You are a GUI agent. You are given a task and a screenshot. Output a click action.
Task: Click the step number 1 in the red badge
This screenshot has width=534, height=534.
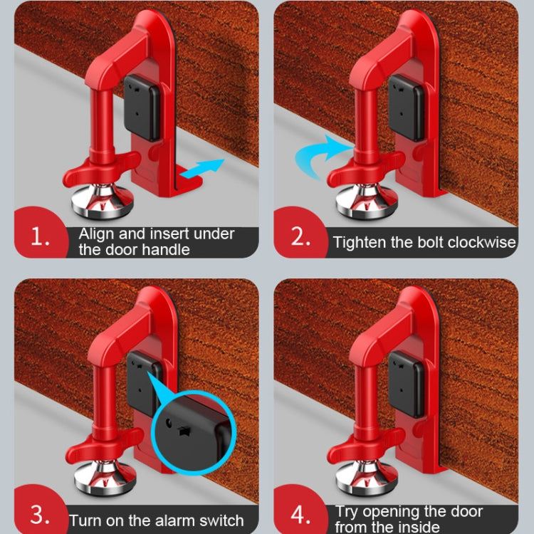coord(41,238)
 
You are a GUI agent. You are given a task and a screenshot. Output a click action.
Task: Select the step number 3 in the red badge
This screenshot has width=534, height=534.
coord(41,514)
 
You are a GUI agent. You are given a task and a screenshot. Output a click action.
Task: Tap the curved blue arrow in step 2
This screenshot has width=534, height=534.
coord(320,151)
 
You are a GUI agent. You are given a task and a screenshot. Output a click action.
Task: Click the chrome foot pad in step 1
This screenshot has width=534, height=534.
coord(103,203)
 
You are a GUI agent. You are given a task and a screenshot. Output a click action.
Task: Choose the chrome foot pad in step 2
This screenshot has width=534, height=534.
coord(366,203)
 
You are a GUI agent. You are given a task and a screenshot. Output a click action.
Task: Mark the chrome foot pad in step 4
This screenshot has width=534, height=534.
coord(366,478)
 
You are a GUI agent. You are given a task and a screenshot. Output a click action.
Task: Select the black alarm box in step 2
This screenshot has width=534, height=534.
coord(406,107)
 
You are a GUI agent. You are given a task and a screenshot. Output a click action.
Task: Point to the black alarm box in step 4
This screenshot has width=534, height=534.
coord(406,383)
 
